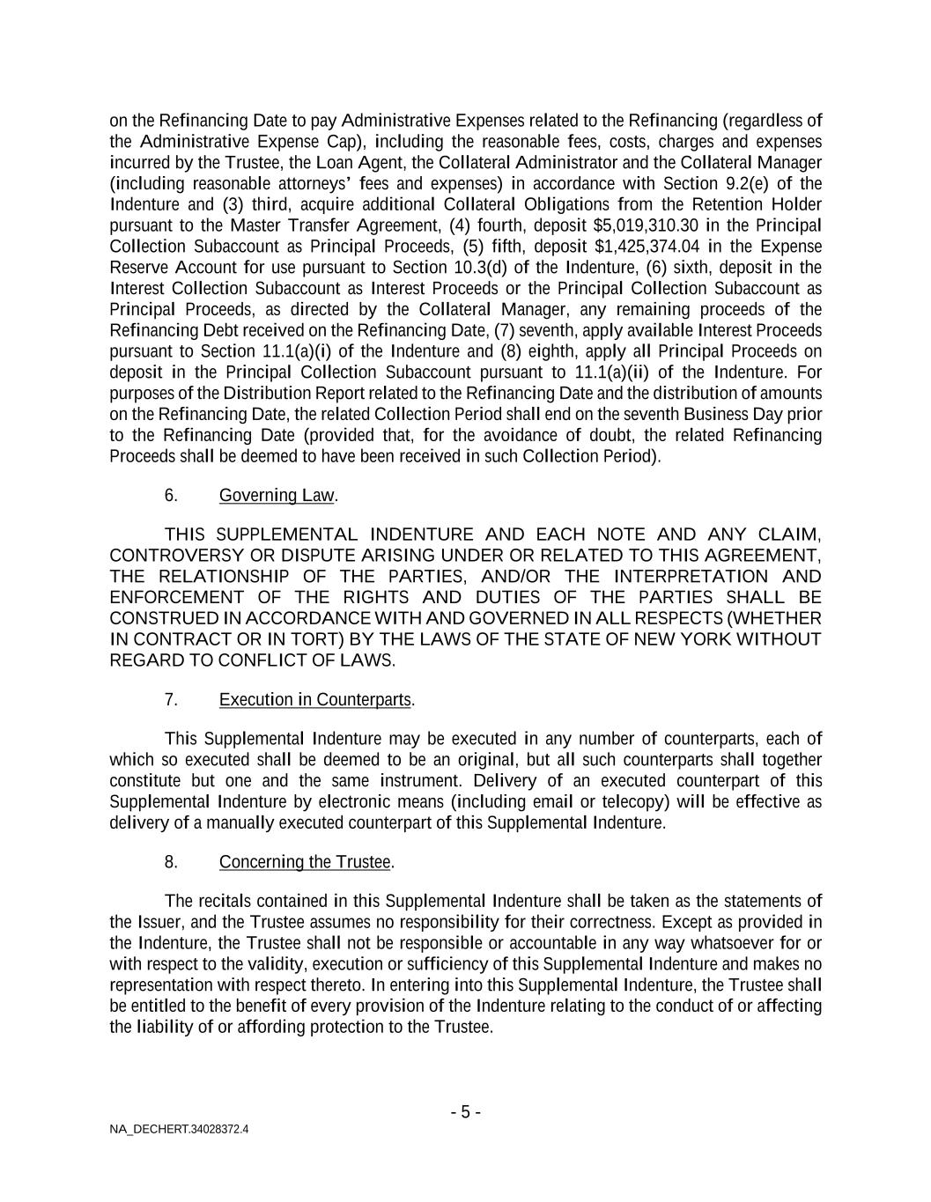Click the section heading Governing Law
point(277,496)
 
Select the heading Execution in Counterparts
point(315,700)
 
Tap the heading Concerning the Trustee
point(305,862)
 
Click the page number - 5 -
point(465,1112)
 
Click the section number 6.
point(171,496)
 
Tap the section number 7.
point(171,700)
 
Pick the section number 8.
point(171,862)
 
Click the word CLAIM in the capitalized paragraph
point(788,535)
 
